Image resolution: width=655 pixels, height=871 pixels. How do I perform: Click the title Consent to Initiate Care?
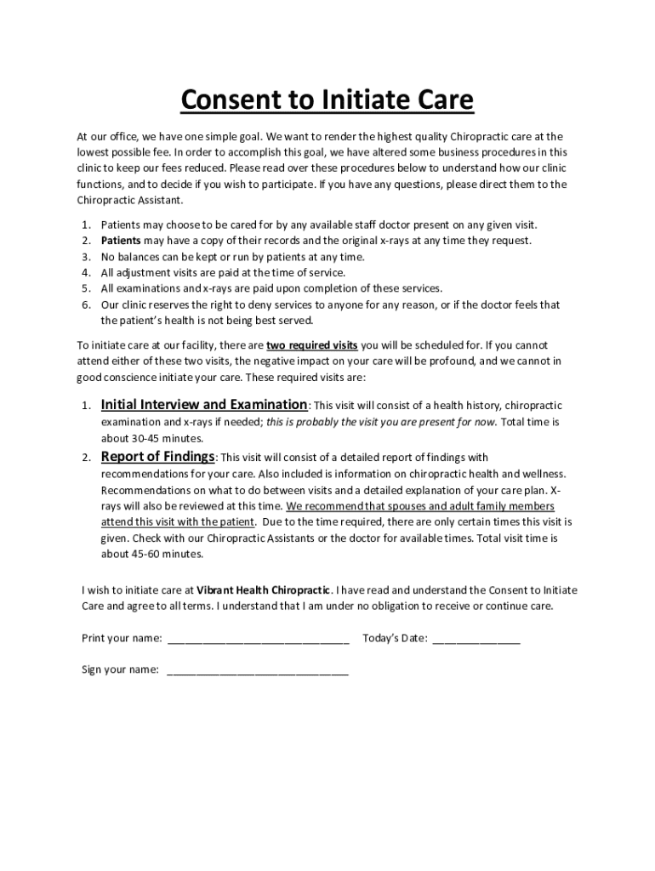point(327,101)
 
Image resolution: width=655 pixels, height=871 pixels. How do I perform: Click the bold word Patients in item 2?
point(121,241)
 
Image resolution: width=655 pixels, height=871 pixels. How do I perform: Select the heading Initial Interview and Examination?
point(204,405)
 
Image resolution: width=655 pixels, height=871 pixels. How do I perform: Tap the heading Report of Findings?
point(158,457)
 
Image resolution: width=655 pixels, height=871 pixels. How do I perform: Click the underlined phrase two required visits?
point(312,345)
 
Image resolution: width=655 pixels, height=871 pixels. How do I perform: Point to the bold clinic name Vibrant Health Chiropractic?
point(264,589)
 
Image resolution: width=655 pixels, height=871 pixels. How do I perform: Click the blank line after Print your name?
point(259,639)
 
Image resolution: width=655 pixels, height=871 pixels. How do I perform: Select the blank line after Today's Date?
point(476,639)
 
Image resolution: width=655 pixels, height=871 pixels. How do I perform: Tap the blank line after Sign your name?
point(258,670)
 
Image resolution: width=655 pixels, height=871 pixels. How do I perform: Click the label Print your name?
point(122,639)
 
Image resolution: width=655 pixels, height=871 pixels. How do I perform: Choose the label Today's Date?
point(395,639)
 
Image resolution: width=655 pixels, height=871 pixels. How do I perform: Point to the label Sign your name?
point(120,670)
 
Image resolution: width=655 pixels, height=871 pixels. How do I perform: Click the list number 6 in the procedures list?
point(86,305)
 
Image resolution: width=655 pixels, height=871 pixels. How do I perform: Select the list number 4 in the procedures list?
point(86,273)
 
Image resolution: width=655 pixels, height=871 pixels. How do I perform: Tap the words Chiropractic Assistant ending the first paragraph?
point(128,201)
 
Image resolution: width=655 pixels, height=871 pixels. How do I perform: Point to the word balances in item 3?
point(137,257)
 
